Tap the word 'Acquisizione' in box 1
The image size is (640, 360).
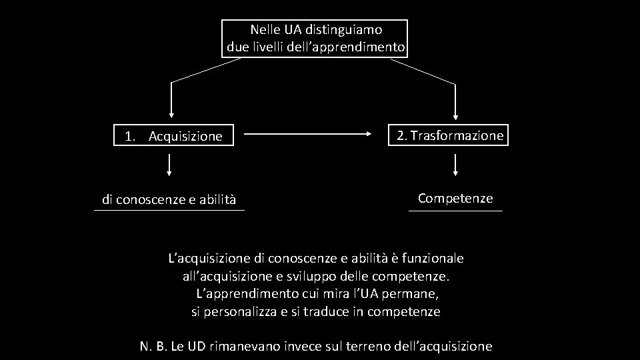coord(185,137)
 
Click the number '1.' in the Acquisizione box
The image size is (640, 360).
coord(131,137)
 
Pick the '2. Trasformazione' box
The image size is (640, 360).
coord(450,135)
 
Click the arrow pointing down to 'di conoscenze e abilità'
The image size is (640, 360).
coord(169,164)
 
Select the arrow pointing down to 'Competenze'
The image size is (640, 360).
coord(455,164)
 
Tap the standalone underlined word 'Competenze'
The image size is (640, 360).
coord(455,198)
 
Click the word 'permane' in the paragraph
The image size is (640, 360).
coord(416,293)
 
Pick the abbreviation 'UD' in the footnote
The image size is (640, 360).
coord(196,346)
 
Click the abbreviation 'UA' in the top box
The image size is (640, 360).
coord(292,30)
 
